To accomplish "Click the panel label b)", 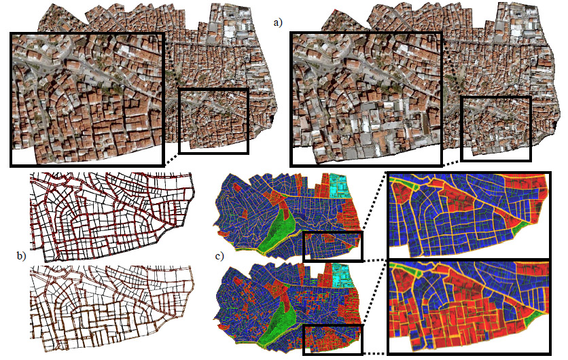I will (21, 256).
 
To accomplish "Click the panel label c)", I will (219, 256).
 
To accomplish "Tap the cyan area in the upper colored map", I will (337, 185).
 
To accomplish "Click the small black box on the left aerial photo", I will (213, 120).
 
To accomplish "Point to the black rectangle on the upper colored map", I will (333, 246).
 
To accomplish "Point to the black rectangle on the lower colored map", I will (333, 338).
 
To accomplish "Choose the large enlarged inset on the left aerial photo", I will (87, 98).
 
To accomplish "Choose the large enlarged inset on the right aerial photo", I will (367, 98).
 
